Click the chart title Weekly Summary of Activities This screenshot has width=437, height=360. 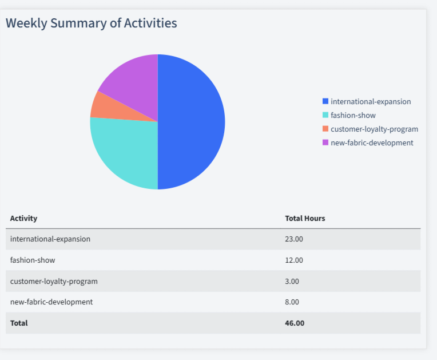[92, 23]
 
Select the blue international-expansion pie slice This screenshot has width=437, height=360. [192, 121]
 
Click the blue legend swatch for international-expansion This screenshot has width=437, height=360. [325, 101]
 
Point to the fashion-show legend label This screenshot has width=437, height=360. [353, 115]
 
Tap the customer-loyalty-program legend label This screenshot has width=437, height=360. [374, 129]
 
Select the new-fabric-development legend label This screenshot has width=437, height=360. [372, 143]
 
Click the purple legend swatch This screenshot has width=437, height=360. [325, 143]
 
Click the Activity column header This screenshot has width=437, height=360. [23, 218]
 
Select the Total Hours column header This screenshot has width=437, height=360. [305, 218]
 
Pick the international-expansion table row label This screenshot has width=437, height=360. [50, 239]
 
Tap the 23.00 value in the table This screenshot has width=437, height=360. [294, 239]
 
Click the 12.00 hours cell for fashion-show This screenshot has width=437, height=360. [294, 260]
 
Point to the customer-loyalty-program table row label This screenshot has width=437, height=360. [54, 281]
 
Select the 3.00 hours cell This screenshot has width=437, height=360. [292, 281]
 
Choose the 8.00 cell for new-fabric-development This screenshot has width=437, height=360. [292, 302]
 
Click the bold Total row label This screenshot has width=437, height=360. [19, 323]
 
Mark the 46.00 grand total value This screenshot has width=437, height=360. [295, 323]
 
